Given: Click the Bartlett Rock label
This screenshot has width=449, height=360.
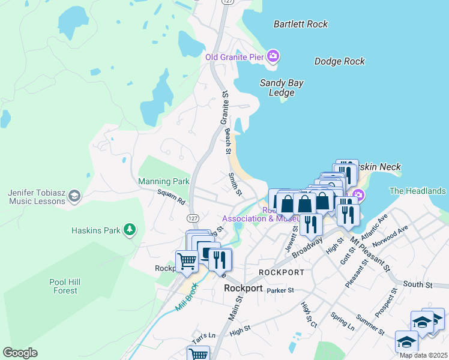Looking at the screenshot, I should (x=300, y=25).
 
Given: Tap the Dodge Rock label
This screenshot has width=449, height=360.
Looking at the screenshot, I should (x=339, y=61).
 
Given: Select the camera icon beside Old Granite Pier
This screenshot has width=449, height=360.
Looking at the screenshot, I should (x=273, y=57).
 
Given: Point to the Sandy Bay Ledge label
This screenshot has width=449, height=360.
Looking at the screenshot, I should (x=282, y=88).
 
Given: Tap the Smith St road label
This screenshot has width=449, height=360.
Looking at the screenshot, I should (x=235, y=185).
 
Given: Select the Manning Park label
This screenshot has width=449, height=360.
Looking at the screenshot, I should (x=163, y=181).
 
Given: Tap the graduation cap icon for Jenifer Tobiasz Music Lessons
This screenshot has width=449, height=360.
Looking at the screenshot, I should (x=74, y=196).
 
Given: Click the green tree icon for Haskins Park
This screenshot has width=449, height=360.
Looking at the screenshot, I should (x=129, y=229).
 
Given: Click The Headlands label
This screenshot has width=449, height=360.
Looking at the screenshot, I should (x=418, y=191).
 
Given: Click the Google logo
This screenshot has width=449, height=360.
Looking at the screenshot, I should (x=20, y=353).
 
